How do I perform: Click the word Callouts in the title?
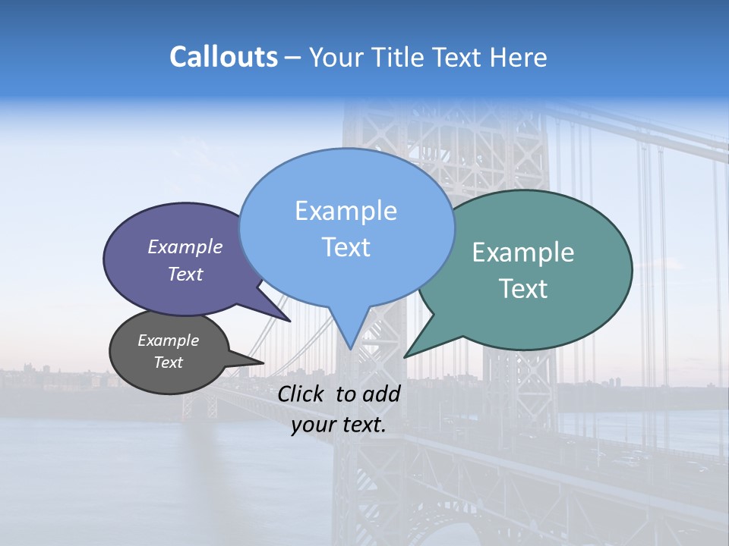coord(223,57)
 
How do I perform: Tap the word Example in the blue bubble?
coord(346,211)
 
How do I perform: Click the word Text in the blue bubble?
coord(346,247)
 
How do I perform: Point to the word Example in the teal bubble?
coord(523,253)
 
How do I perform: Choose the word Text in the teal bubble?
coord(523,289)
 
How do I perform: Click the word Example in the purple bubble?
coord(185,246)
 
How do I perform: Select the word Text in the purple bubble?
coord(185,274)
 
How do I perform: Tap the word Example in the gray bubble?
coord(168,340)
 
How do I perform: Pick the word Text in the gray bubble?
coord(168,362)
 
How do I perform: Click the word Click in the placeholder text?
coord(302,394)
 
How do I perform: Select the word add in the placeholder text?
coord(382,394)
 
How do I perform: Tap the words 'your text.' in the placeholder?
coord(339,425)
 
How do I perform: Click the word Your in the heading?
coord(336,57)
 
